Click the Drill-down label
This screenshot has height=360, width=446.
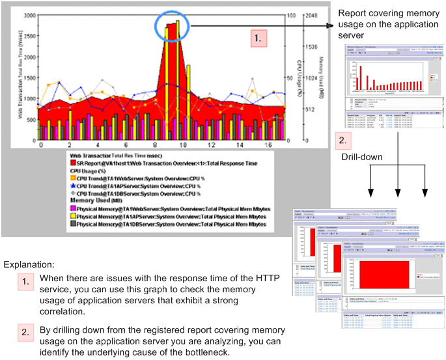(x=361, y=158)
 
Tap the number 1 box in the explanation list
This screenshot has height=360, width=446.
(x=25, y=283)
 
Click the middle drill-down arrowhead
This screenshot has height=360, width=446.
(x=397, y=193)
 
